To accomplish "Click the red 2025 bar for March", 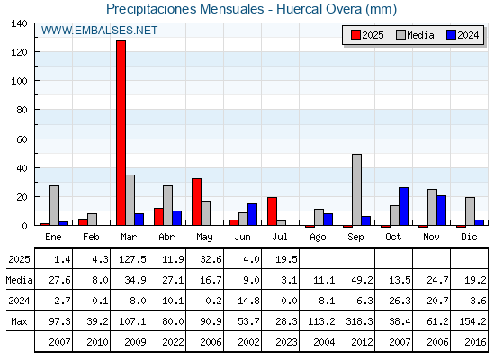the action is coord(121,133).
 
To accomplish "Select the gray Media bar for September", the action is coord(356,190).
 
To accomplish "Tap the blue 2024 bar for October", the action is coord(404,206).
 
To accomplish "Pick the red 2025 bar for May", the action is coord(197,202).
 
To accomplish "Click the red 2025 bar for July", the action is coord(272,211).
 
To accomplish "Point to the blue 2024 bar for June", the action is coord(252,214).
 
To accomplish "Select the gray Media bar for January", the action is coord(54,205).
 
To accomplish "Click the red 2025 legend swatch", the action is coord(355,35).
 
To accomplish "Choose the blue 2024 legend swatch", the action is coord(451,35).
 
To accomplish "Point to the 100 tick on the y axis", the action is coord(19,81).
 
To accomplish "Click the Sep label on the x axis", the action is coord(355,238).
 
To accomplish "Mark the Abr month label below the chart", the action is coord(166,238).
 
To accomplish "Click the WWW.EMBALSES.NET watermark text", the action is coord(99,31).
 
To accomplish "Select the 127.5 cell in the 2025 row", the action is coord(132,259).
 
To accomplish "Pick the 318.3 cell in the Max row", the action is coord(359,321).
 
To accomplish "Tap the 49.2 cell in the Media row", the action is coord(362,280).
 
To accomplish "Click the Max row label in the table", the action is coord(19,321).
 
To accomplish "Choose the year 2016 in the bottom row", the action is coord(475,342).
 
